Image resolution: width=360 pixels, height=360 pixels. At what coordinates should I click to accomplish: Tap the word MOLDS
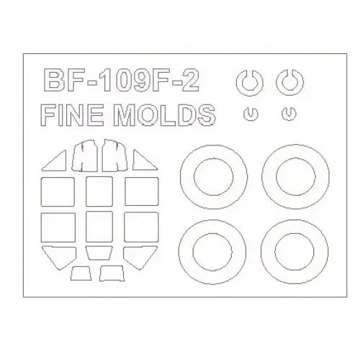pos(164,114)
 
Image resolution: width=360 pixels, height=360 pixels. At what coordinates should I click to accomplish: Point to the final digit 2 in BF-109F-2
pos(189,81)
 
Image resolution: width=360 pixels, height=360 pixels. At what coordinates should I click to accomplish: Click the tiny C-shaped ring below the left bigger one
pos(251,119)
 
